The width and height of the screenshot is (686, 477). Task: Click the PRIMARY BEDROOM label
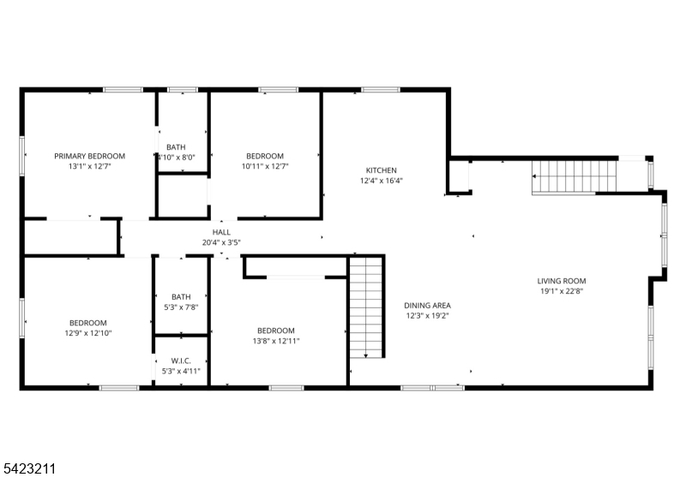[x=90, y=156]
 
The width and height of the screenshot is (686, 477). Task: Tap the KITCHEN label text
[x=382, y=170]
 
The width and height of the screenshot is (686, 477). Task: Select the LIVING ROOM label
[x=562, y=281]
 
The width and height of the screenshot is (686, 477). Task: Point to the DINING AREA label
[x=427, y=306]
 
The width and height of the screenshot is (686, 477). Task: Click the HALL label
[x=221, y=232]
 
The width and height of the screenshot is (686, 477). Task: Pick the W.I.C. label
[x=181, y=361]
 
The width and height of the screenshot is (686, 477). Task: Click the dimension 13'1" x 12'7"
[x=90, y=166]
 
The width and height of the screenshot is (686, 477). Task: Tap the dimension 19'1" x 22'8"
[x=562, y=291]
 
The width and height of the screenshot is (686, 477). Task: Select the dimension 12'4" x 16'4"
[x=382, y=181]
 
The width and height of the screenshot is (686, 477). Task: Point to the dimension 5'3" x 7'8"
[x=181, y=307]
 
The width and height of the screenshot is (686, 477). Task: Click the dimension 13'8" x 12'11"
[x=276, y=341]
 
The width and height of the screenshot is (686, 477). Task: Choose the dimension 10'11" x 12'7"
[x=265, y=166]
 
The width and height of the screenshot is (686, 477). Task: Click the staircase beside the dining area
[x=366, y=307]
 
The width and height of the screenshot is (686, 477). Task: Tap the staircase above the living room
[x=574, y=177]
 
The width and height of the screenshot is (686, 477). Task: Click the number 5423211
[x=28, y=468]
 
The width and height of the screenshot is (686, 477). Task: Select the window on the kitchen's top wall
[x=380, y=90]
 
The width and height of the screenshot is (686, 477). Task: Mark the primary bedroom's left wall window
[x=22, y=156]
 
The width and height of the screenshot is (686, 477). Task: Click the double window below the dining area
[x=433, y=387]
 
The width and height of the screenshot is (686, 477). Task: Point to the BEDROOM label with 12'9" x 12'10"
[x=88, y=323]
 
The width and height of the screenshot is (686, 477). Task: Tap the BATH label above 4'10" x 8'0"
[x=176, y=147]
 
